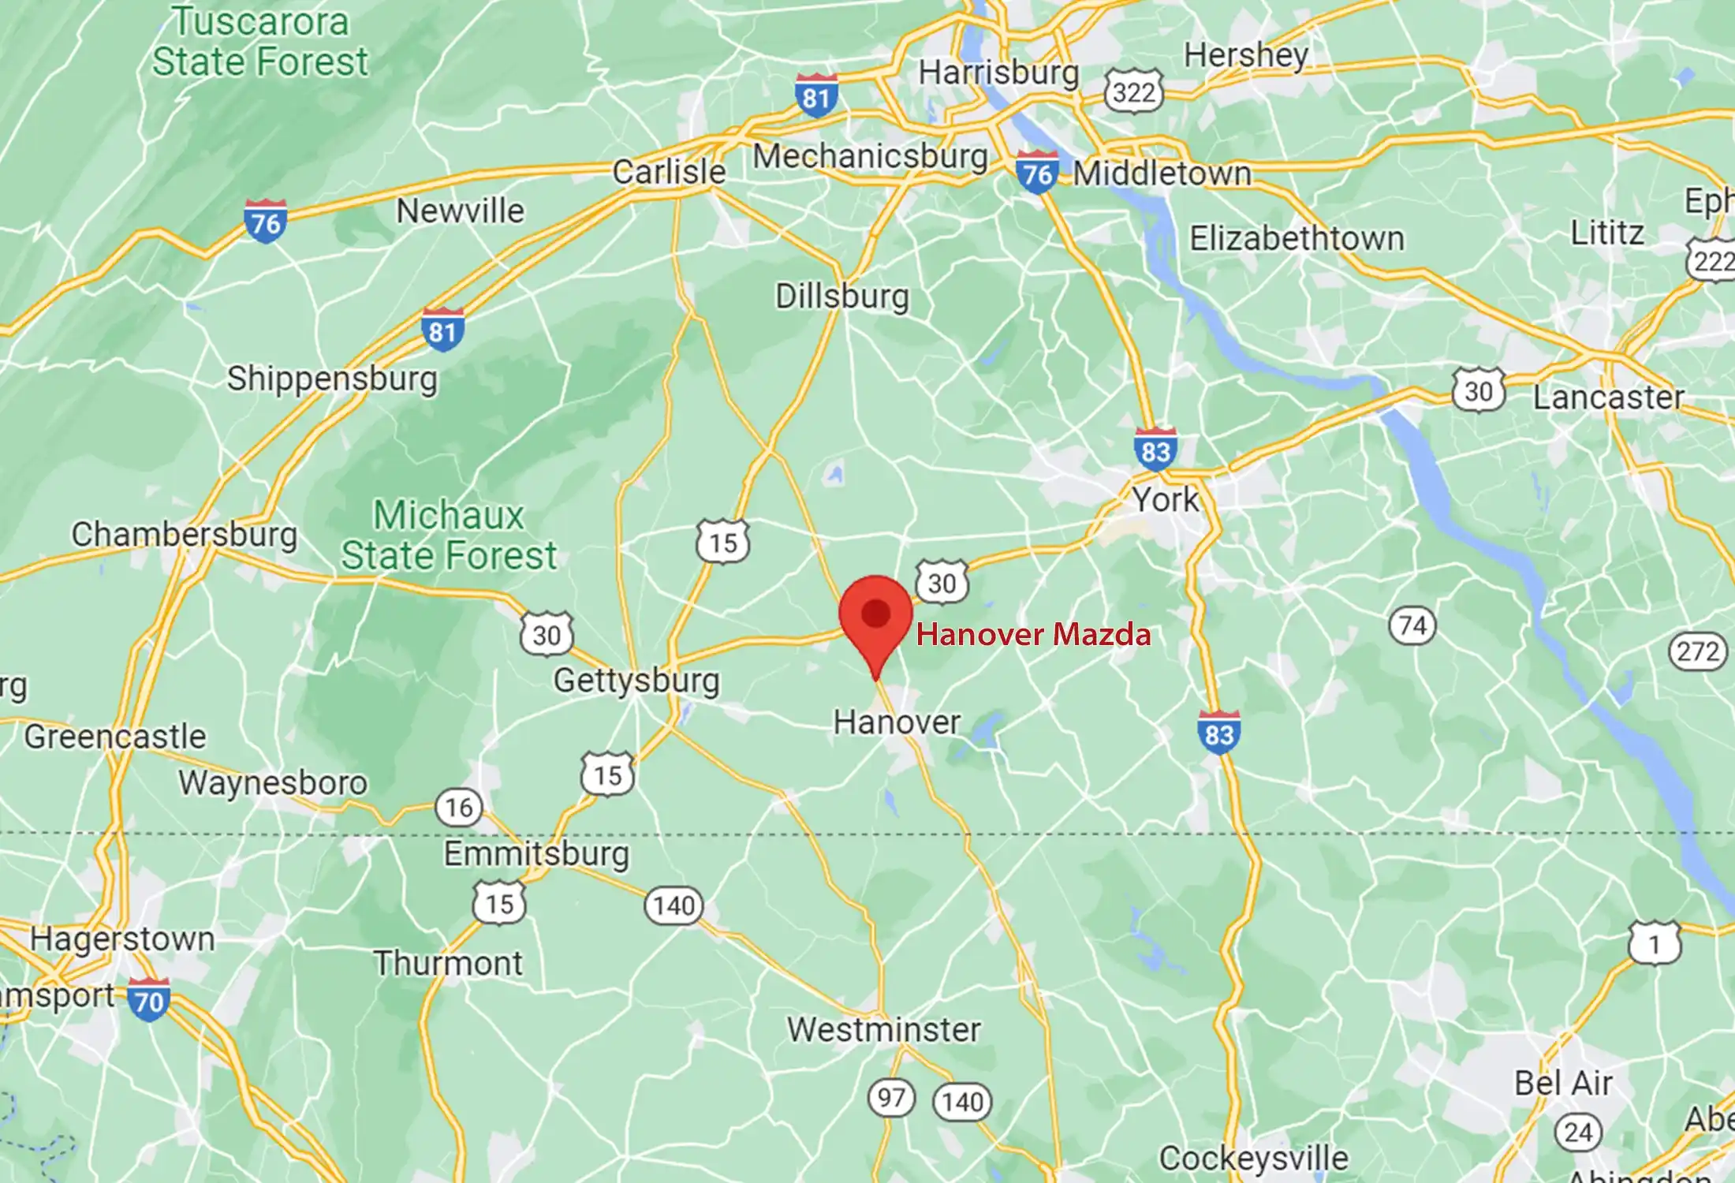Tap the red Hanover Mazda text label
(1033, 635)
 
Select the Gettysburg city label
(636, 680)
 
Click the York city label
(1165, 499)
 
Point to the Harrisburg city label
(998, 73)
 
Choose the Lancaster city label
(1608, 397)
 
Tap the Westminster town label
(884, 1029)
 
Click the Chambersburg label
(184, 534)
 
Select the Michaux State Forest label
(449, 536)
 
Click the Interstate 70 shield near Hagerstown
(148, 999)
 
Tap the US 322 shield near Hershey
(1134, 92)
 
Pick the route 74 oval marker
(1412, 625)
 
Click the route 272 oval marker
(1698, 651)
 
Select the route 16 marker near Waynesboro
(459, 807)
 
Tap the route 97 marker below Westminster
(891, 1097)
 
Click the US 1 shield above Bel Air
(1655, 943)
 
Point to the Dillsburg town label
(842, 297)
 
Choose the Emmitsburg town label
(536, 854)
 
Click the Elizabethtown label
(1297, 238)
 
